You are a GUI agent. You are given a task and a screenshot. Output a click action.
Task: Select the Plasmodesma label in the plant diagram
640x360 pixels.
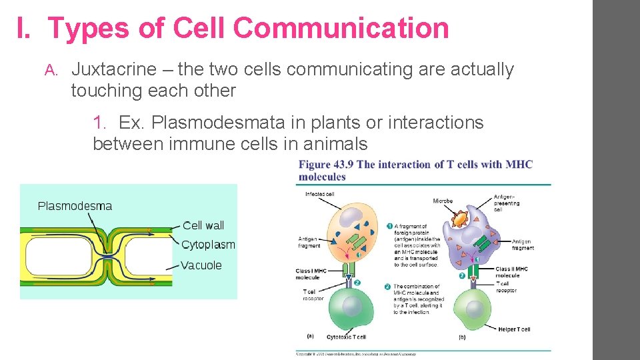pos(75,206)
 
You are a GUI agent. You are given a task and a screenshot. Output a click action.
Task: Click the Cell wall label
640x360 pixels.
pos(203,225)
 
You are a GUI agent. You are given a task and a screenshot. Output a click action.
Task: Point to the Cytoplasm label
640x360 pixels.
pos(208,245)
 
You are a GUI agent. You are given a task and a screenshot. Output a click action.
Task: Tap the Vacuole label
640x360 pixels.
pos(201,265)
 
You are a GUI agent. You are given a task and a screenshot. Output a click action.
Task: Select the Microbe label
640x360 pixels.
pos(443,201)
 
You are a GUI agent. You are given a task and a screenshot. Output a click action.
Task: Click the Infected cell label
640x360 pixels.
pos(320,195)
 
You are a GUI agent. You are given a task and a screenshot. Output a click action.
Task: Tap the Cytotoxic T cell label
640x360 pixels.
pos(346,337)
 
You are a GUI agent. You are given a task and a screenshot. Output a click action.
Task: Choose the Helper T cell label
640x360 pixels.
pos(514,329)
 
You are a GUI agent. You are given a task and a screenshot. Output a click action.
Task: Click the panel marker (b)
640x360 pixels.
pos(462,337)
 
